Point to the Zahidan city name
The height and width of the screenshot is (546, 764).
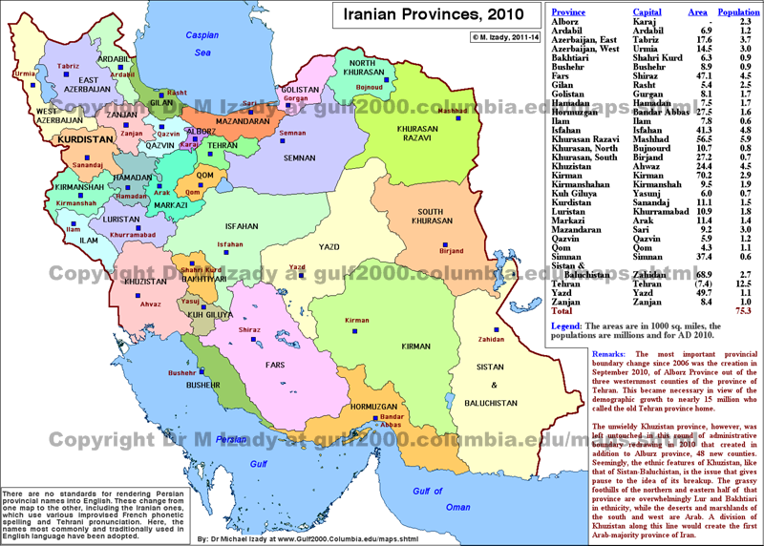[x=491, y=339]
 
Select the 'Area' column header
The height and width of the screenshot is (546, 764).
[x=698, y=12]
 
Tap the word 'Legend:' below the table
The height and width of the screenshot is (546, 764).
[x=571, y=326]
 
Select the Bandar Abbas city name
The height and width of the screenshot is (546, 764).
[x=391, y=424]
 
